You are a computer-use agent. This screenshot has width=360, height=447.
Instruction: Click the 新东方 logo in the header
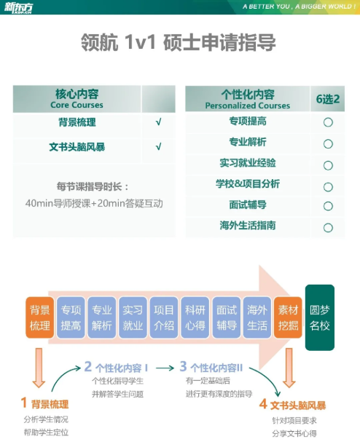[x=18, y=7]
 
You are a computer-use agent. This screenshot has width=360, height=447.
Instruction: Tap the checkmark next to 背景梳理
[x=158, y=122]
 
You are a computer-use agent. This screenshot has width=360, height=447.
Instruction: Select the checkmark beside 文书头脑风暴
[x=158, y=147]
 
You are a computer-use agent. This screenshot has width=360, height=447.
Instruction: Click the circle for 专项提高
[x=328, y=122]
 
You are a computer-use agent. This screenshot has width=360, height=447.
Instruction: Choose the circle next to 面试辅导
[x=328, y=206]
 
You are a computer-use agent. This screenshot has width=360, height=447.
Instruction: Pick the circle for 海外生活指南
[x=328, y=227]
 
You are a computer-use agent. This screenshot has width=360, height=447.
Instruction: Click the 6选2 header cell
[x=327, y=98]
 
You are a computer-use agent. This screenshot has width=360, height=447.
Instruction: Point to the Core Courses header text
[x=77, y=105]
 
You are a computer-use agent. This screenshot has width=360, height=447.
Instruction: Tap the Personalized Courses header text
[x=248, y=106]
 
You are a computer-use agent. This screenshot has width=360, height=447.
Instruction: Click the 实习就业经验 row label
[x=248, y=163]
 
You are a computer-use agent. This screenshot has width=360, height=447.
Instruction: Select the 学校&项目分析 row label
[x=248, y=184]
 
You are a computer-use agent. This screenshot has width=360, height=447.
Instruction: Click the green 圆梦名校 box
[x=319, y=317]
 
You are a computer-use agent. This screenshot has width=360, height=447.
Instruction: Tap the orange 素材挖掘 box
[x=288, y=317]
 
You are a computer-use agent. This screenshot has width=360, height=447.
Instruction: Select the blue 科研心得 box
[x=195, y=317]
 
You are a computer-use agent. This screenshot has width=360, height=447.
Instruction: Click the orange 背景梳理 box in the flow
[x=39, y=317]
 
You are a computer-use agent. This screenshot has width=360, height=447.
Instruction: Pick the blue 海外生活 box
[x=257, y=317]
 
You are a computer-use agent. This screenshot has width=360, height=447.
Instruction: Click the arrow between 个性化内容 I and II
[x=165, y=368]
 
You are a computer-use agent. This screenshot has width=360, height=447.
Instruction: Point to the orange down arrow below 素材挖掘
[x=289, y=368]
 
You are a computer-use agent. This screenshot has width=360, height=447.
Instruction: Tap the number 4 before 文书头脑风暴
[x=263, y=404]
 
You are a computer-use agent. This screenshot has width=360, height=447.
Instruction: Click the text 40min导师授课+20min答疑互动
[x=94, y=204]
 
